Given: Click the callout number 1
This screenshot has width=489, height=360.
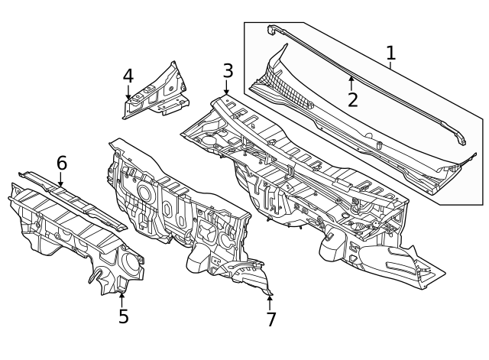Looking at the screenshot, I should [390, 54].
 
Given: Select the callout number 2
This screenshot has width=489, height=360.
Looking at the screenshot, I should [352, 99].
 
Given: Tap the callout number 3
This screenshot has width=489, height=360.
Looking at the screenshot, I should [228, 71].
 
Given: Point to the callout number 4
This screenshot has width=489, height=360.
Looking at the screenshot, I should [128, 76].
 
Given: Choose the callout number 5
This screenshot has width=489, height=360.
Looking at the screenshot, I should [123, 316].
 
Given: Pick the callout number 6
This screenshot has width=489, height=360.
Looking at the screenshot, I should [62, 163].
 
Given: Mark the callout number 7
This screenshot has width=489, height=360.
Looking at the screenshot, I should [271, 319].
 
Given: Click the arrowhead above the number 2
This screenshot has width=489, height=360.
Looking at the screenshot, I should [351, 78].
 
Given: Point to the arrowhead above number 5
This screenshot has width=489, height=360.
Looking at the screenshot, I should [122, 294].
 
